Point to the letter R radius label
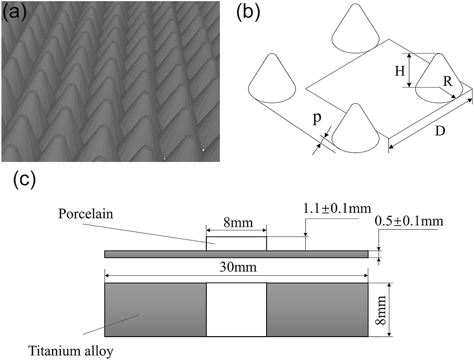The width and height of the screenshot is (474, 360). point(449,81)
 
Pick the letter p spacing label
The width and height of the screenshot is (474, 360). point(317,120)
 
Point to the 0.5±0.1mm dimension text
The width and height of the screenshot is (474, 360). point(409,221)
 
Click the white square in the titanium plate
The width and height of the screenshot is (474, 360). point(236,309)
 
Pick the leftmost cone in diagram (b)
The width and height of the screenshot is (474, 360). point(273,80)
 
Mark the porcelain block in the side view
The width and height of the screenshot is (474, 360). point(236,244)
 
